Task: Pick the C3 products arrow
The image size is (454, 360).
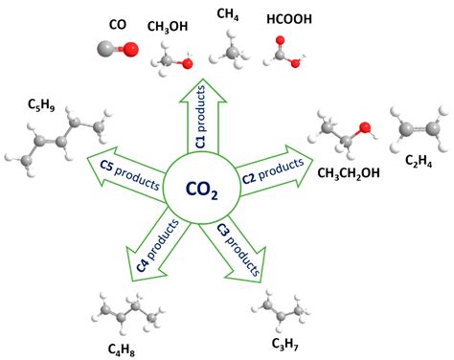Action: click(238, 246)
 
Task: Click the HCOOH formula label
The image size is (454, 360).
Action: click(286, 17)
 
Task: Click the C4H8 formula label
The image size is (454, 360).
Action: click(125, 346)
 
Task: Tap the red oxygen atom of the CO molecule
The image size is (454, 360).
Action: click(117, 49)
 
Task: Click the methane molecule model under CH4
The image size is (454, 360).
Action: click(232, 50)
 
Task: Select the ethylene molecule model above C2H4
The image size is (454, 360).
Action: click(419, 130)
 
